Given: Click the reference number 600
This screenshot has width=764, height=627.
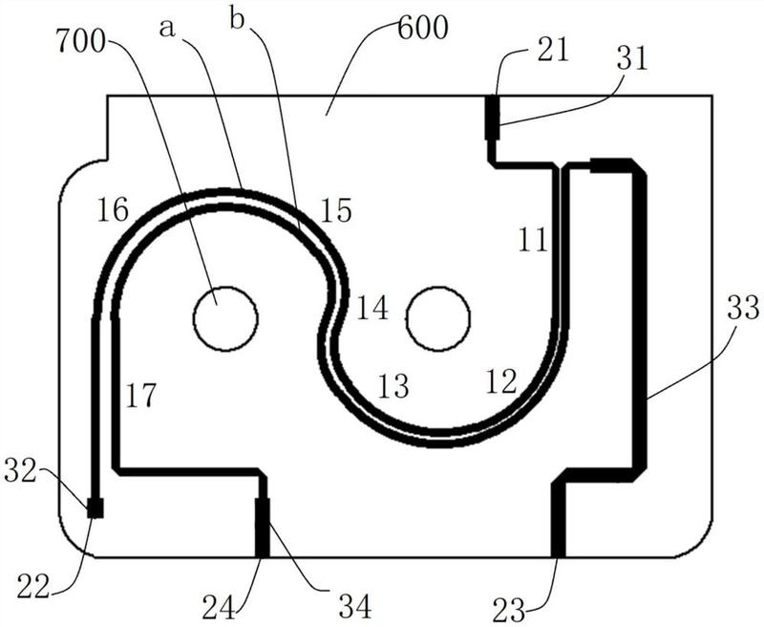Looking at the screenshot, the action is click(423, 30).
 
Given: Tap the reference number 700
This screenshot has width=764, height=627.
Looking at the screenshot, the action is click(81, 41).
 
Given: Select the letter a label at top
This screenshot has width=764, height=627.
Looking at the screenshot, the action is click(166, 29).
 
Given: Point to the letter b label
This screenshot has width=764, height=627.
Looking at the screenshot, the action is click(238, 21).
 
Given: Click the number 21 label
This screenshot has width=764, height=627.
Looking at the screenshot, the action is click(553, 50).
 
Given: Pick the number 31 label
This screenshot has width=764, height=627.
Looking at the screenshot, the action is click(631, 59).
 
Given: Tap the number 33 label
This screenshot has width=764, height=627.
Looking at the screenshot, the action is click(744, 309).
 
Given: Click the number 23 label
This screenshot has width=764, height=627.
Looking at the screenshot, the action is click(509, 610).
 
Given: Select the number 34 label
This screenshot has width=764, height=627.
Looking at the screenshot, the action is click(355, 606).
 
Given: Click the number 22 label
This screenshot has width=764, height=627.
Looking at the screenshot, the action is click(33, 587).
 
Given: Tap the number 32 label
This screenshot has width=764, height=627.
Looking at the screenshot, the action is click(20, 471).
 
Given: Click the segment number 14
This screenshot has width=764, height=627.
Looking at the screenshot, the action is click(372, 309).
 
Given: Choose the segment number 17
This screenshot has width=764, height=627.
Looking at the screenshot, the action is click(140, 395).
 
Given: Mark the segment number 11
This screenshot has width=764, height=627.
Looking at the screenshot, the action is click(533, 240).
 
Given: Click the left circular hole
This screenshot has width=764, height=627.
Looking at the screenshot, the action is click(225, 318).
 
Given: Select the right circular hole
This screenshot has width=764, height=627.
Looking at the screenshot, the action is click(438, 318).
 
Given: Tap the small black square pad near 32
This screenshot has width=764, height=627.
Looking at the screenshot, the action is click(95, 508).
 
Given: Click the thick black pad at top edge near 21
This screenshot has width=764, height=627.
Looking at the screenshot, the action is click(493, 117).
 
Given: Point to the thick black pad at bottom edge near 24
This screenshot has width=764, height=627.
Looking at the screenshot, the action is click(263, 528).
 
